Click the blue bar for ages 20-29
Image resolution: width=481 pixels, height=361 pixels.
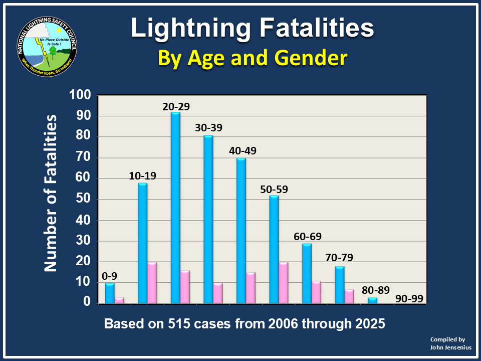175,208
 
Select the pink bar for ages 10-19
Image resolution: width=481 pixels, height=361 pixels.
151,282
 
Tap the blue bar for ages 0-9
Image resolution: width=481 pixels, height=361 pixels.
109,293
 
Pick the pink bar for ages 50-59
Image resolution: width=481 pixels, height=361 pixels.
283,282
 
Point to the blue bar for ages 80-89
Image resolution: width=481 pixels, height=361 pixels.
373,300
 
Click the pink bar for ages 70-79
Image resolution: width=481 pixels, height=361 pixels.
349,296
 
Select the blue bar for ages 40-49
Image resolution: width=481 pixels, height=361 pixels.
241,231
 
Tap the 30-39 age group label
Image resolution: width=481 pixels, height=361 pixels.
209,128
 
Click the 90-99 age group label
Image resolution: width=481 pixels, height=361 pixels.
409,299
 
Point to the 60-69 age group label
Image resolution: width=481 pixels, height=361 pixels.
308,236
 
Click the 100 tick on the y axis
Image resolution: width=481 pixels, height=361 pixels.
80,95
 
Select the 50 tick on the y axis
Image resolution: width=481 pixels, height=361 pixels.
84,200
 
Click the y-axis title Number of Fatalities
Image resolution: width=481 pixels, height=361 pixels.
51,193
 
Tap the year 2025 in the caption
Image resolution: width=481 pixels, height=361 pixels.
368,324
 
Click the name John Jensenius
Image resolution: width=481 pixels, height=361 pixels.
447,347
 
